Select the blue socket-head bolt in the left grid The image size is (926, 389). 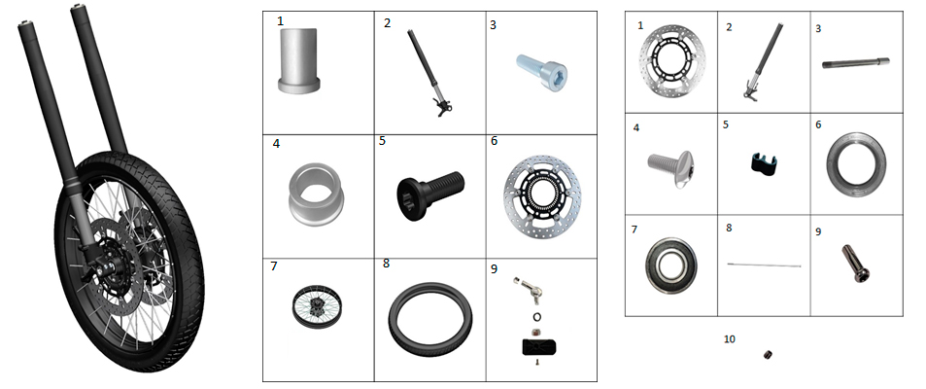[543, 72]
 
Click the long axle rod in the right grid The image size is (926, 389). [856, 62]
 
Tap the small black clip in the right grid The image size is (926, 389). [764, 163]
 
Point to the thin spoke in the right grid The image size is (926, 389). [764, 265]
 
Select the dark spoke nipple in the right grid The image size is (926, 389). [855, 264]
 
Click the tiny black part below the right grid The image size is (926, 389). [768, 355]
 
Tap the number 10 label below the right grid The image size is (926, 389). [730, 338]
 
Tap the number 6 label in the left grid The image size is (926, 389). [495, 141]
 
